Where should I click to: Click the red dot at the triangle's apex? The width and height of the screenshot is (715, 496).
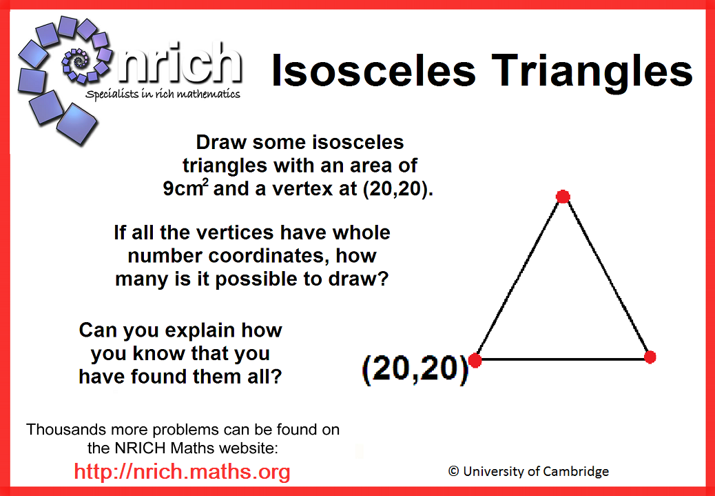(x=563, y=197)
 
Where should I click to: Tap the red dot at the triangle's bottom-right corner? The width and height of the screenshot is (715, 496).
(x=650, y=357)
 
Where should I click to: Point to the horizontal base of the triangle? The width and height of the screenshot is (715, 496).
(x=563, y=359)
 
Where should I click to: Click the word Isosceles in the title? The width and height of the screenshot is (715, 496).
(x=374, y=71)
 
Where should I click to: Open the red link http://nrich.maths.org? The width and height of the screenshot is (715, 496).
(x=182, y=471)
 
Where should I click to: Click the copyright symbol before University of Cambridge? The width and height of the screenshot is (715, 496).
(x=453, y=471)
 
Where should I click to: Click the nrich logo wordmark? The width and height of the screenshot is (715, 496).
(x=180, y=64)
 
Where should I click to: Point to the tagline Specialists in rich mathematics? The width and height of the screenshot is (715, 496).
(x=163, y=94)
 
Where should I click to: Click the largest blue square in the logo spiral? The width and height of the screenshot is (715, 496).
(x=76, y=123)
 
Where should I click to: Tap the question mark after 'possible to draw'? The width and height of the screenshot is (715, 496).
(x=384, y=279)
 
